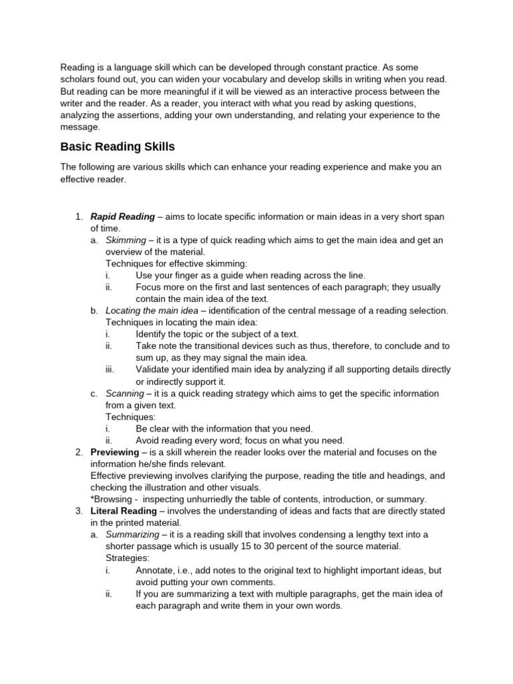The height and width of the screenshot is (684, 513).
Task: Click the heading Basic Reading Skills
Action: tap(118, 147)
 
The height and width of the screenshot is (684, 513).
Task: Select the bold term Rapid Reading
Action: tap(122, 216)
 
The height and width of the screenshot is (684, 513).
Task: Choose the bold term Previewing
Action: tap(115, 452)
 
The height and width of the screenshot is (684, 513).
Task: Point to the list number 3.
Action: tap(78, 511)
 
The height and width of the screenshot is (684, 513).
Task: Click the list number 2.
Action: tap(78, 452)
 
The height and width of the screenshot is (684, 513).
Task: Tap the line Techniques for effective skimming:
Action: tap(176, 263)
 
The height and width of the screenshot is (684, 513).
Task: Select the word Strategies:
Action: tap(128, 558)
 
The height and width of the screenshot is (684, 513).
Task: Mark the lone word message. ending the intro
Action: tap(80, 127)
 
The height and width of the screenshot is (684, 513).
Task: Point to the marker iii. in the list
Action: tap(111, 369)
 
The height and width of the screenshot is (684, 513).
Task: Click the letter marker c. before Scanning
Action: tap(94, 393)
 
